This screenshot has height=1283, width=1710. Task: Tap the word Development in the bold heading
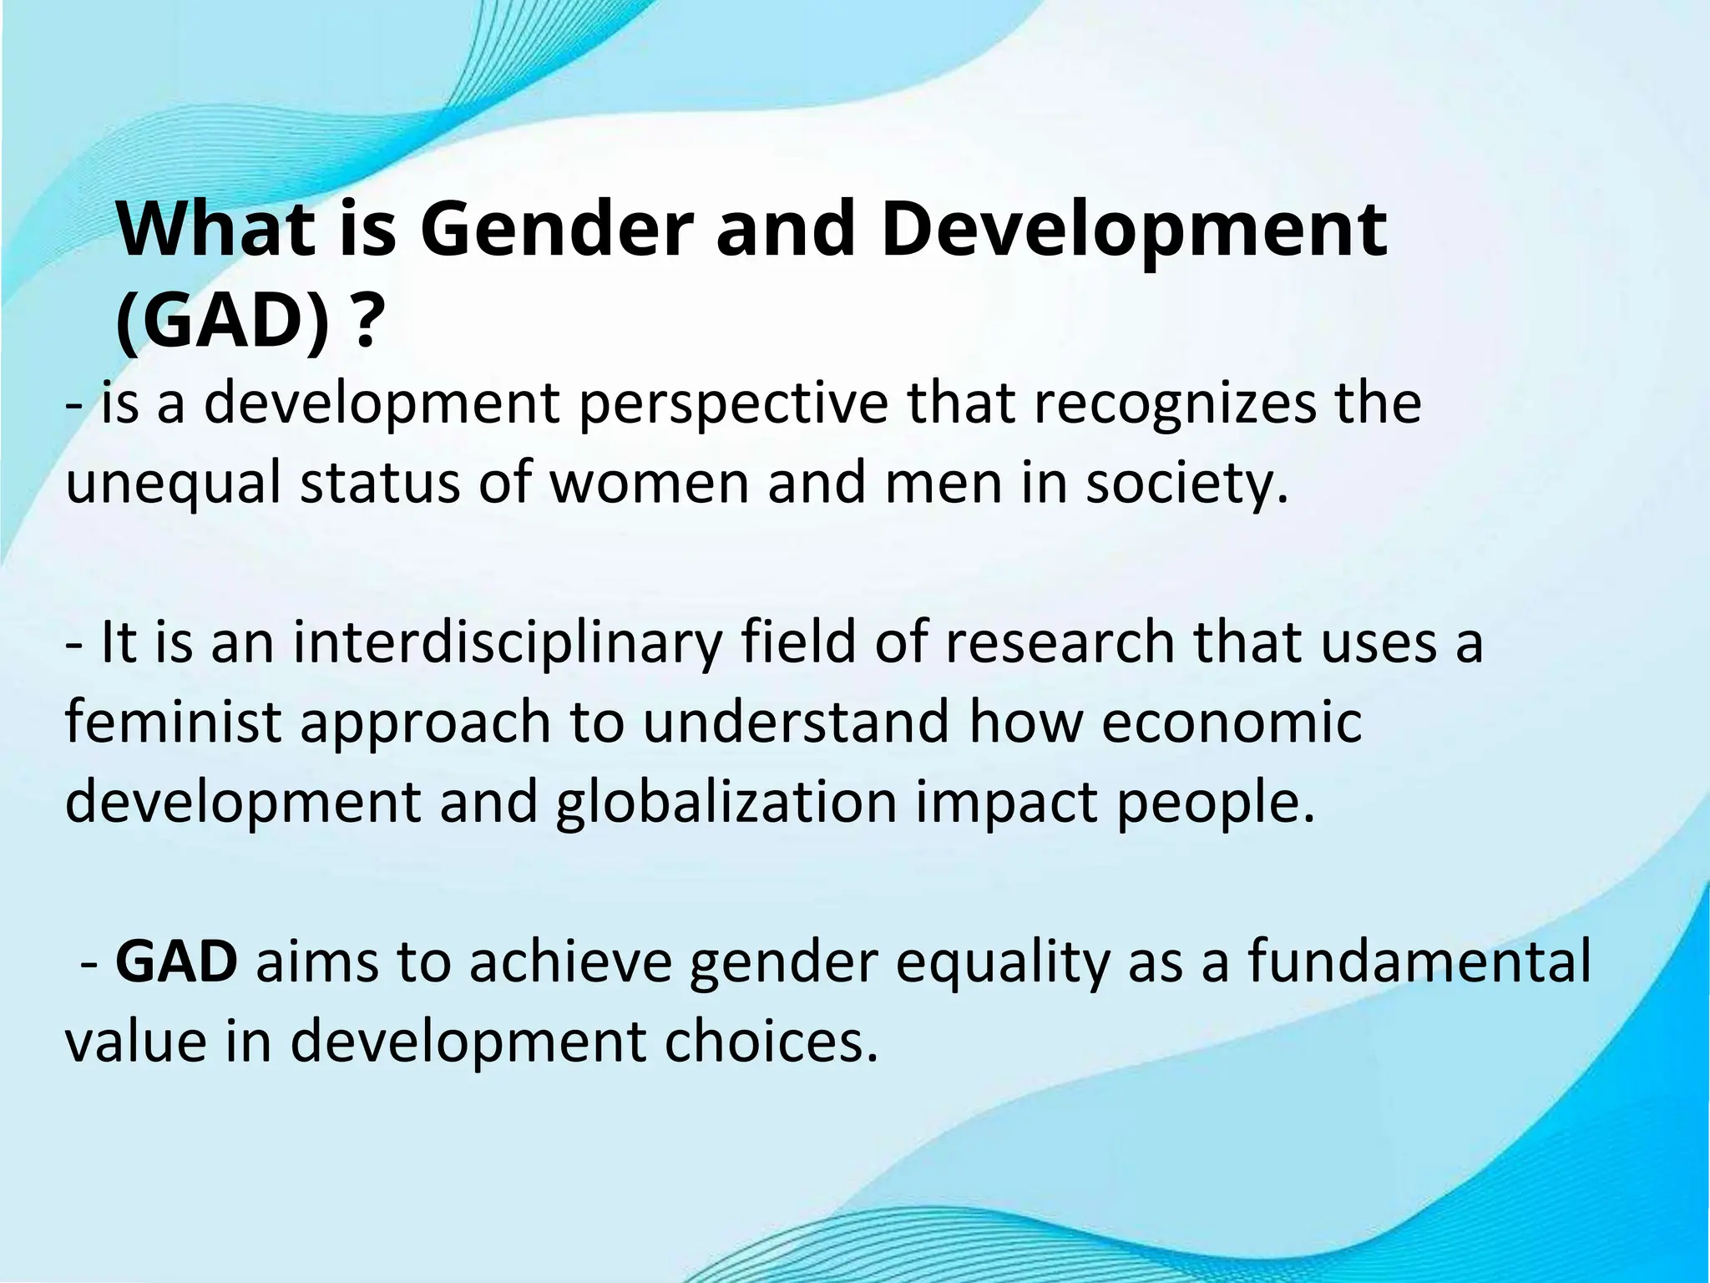(1133, 230)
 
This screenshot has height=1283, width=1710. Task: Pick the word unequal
(174, 484)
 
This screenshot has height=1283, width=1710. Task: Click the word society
(1186, 484)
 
